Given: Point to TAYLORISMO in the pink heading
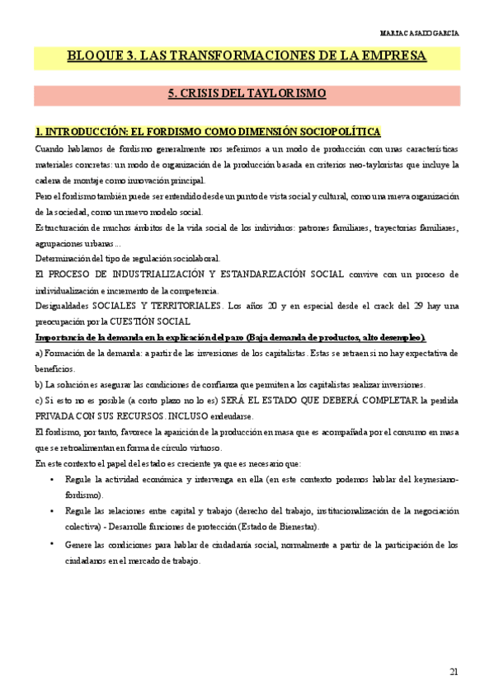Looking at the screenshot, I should pyautogui.click(x=284, y=93).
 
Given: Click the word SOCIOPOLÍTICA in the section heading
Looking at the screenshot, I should pyautogui.click(x=336, y=132).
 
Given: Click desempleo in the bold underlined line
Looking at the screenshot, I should pyautogui.click(x=399, y=338).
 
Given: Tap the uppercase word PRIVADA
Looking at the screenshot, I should pyautogui.click(x=55, y=416).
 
